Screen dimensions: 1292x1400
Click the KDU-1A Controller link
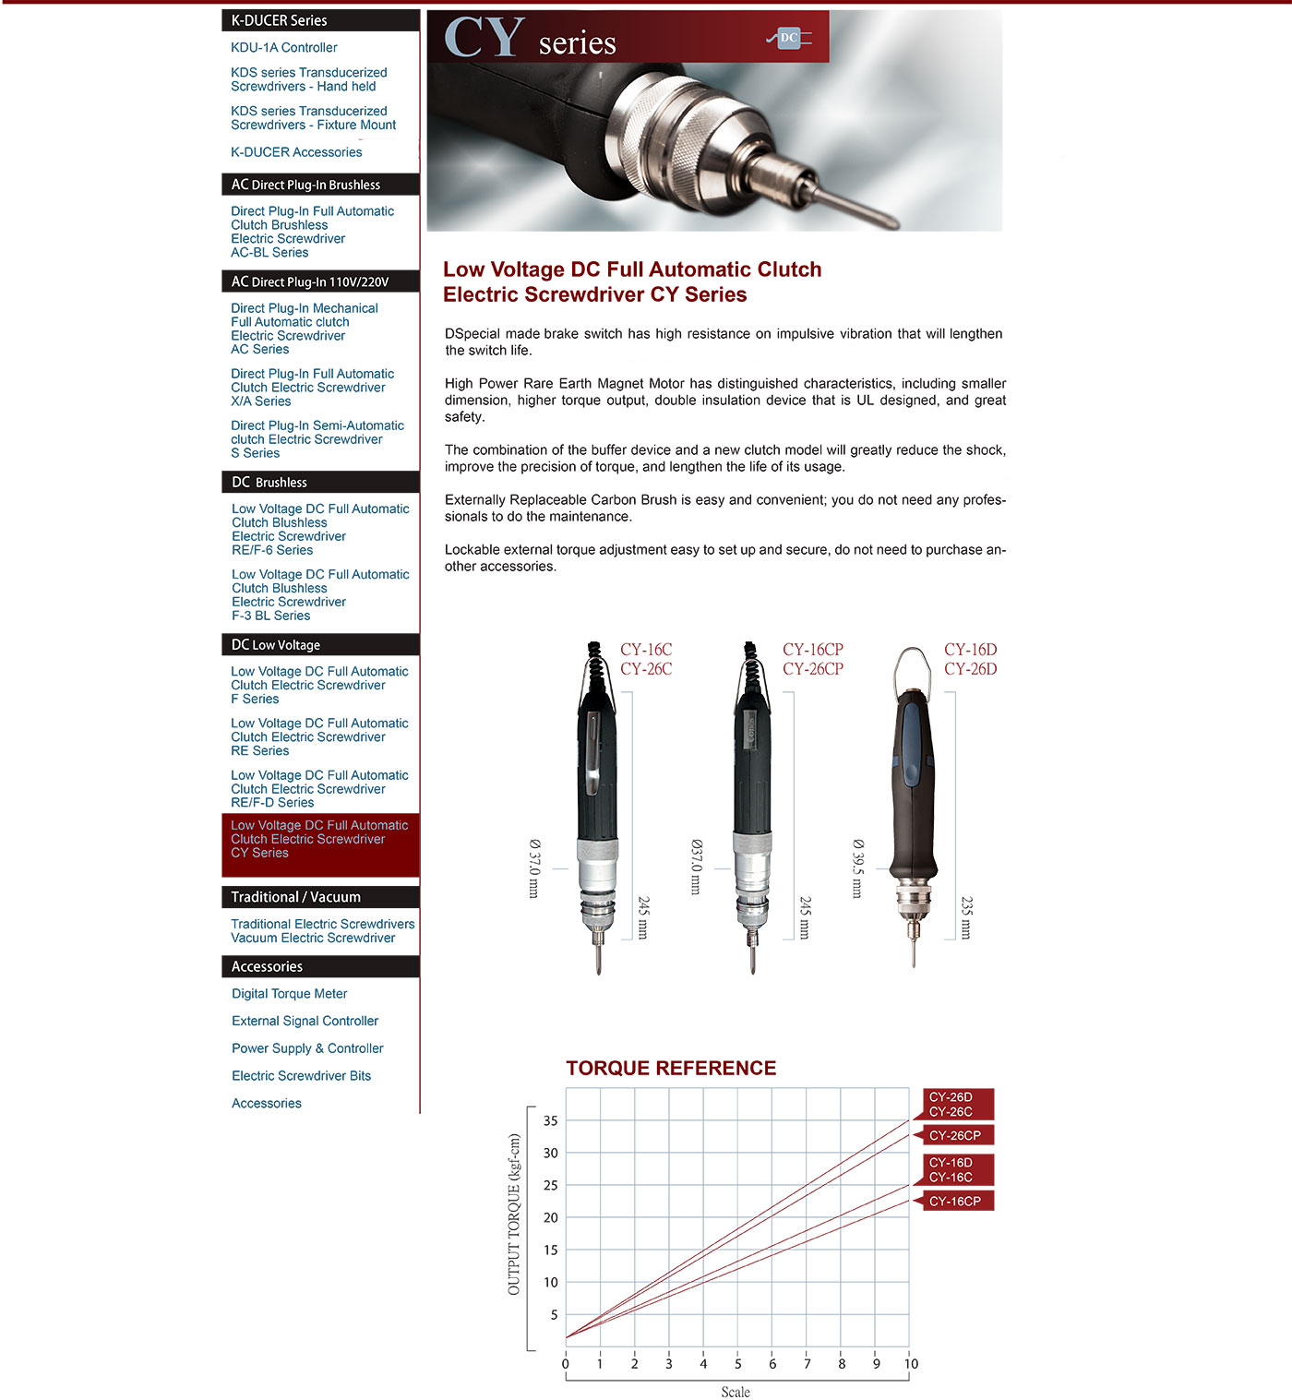coord(283,47)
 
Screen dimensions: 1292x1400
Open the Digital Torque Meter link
coord(289,993)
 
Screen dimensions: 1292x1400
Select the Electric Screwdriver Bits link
coord(301,1076)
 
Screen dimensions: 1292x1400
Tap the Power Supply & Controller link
coord(307,1048)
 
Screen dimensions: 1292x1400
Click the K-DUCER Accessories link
coord(296,152)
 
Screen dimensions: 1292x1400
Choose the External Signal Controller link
coord(305,1021)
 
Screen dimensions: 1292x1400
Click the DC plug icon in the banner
coord(789,37)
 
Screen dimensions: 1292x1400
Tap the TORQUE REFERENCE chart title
coord(671,1068)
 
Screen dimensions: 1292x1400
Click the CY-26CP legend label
coord(954,1136)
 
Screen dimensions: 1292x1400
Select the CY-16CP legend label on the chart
coord(954,1202)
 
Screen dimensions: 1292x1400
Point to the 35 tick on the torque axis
coord(550,1121)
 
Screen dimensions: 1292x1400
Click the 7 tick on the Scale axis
coord(807,1364)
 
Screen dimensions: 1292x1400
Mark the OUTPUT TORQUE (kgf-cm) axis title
coord(514,1215)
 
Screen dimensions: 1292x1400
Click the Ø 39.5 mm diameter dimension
coord(857,868)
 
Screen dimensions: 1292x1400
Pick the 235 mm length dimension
coord(966,918)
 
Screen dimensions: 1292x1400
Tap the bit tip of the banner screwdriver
coord(892,225)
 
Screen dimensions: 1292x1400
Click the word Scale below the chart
coord(736,1392)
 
